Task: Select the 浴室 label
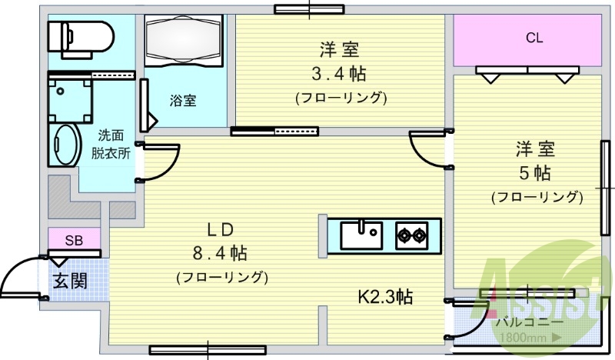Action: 183,100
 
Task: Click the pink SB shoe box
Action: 74,239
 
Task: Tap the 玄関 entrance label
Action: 70,281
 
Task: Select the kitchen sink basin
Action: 361,235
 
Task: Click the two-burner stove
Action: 412,235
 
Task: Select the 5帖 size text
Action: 535,171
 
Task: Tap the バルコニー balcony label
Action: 531,322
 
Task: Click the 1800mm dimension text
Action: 526,338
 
